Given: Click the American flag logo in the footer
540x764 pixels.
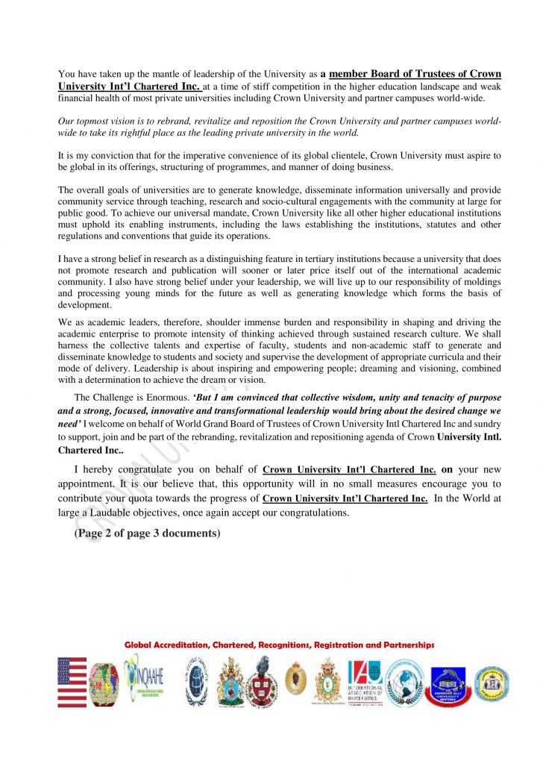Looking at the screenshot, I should tap(72, 682).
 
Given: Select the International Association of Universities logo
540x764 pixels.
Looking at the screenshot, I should tap(365, 682).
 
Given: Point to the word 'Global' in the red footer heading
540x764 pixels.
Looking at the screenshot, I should tap(142, 645).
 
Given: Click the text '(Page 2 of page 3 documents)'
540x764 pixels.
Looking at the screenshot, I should tap(146, 533).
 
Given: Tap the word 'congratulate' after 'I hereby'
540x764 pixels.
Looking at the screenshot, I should tap(147, 470).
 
